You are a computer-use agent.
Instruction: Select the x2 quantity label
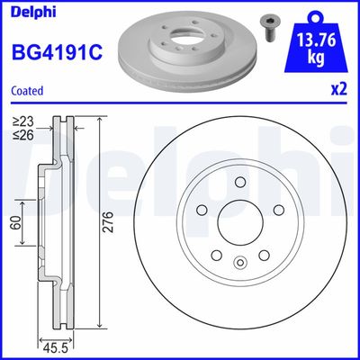pyautogui.click(x=338, y=88)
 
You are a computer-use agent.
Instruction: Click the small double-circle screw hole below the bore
pyautogui.click(x=240, y=262)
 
